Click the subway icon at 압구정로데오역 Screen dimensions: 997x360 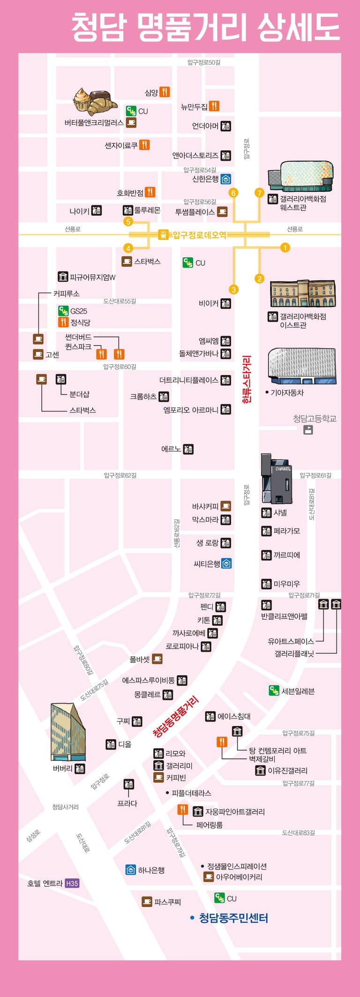coord(163,234)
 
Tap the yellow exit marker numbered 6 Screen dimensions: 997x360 coord(233,193)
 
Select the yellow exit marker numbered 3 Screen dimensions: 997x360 coord(233,290)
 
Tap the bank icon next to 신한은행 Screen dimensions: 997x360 coord(225,179)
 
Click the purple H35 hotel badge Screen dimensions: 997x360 coord(72,883)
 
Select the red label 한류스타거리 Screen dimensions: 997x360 coord(247,379)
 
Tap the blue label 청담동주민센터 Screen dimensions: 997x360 coord(233,918)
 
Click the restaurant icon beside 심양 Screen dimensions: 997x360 coord(165,92)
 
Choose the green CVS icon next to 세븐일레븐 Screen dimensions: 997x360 coord(274,690)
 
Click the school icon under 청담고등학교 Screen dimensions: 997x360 coord(308,429)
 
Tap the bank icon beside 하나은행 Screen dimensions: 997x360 coord(131,870)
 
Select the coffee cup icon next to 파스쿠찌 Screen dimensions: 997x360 coord(147,901)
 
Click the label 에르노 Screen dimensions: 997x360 coord(171,449)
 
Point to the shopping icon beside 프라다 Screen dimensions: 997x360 coord(128,784)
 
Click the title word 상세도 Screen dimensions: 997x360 coord(299,27)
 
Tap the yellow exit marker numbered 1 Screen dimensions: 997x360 coord(285,247)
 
